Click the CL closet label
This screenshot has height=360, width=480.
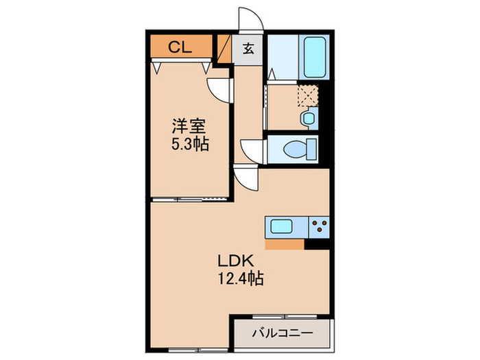point(180,47)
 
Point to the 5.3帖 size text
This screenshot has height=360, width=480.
point(189,145)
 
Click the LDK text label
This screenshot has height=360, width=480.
point(236,261)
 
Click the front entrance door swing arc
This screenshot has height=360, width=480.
point(248,19)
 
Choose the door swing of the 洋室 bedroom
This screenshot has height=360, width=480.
point(219,89)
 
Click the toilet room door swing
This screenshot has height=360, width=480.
point(252,150)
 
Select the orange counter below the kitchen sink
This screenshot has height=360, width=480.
point(284,243)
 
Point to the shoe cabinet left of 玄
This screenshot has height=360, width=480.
point(224,49)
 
